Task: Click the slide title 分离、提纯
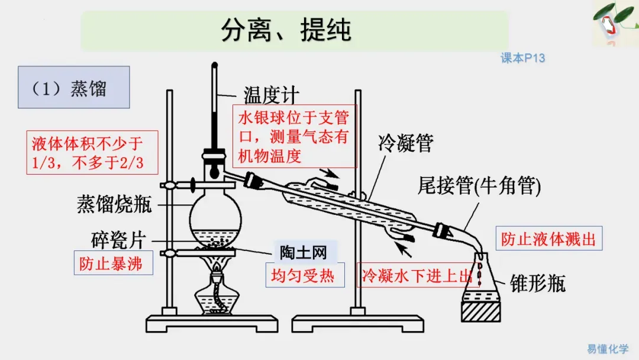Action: pyautogui.click(x=286, y=30)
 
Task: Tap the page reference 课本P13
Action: pyautogui.click(x=522, y=58)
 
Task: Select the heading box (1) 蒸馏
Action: pyautogui.click(x=73, y=88)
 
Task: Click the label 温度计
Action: pyautogui.click(x=272, y=95)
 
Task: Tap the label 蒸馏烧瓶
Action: pyautogui.click(x=114, y=204)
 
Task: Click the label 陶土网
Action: pyautogui.click(x=304, y=252)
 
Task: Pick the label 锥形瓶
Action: pyautogui.click(x=537, y=283)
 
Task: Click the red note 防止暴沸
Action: pyautogui.click(x=111, y=263)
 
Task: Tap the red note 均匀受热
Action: pyautogui.click(x=303, y=275)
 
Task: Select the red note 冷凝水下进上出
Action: pyautogui.click(x=417, y=276)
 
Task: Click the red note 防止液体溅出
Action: pyautogui.click(x=548, y=239)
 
